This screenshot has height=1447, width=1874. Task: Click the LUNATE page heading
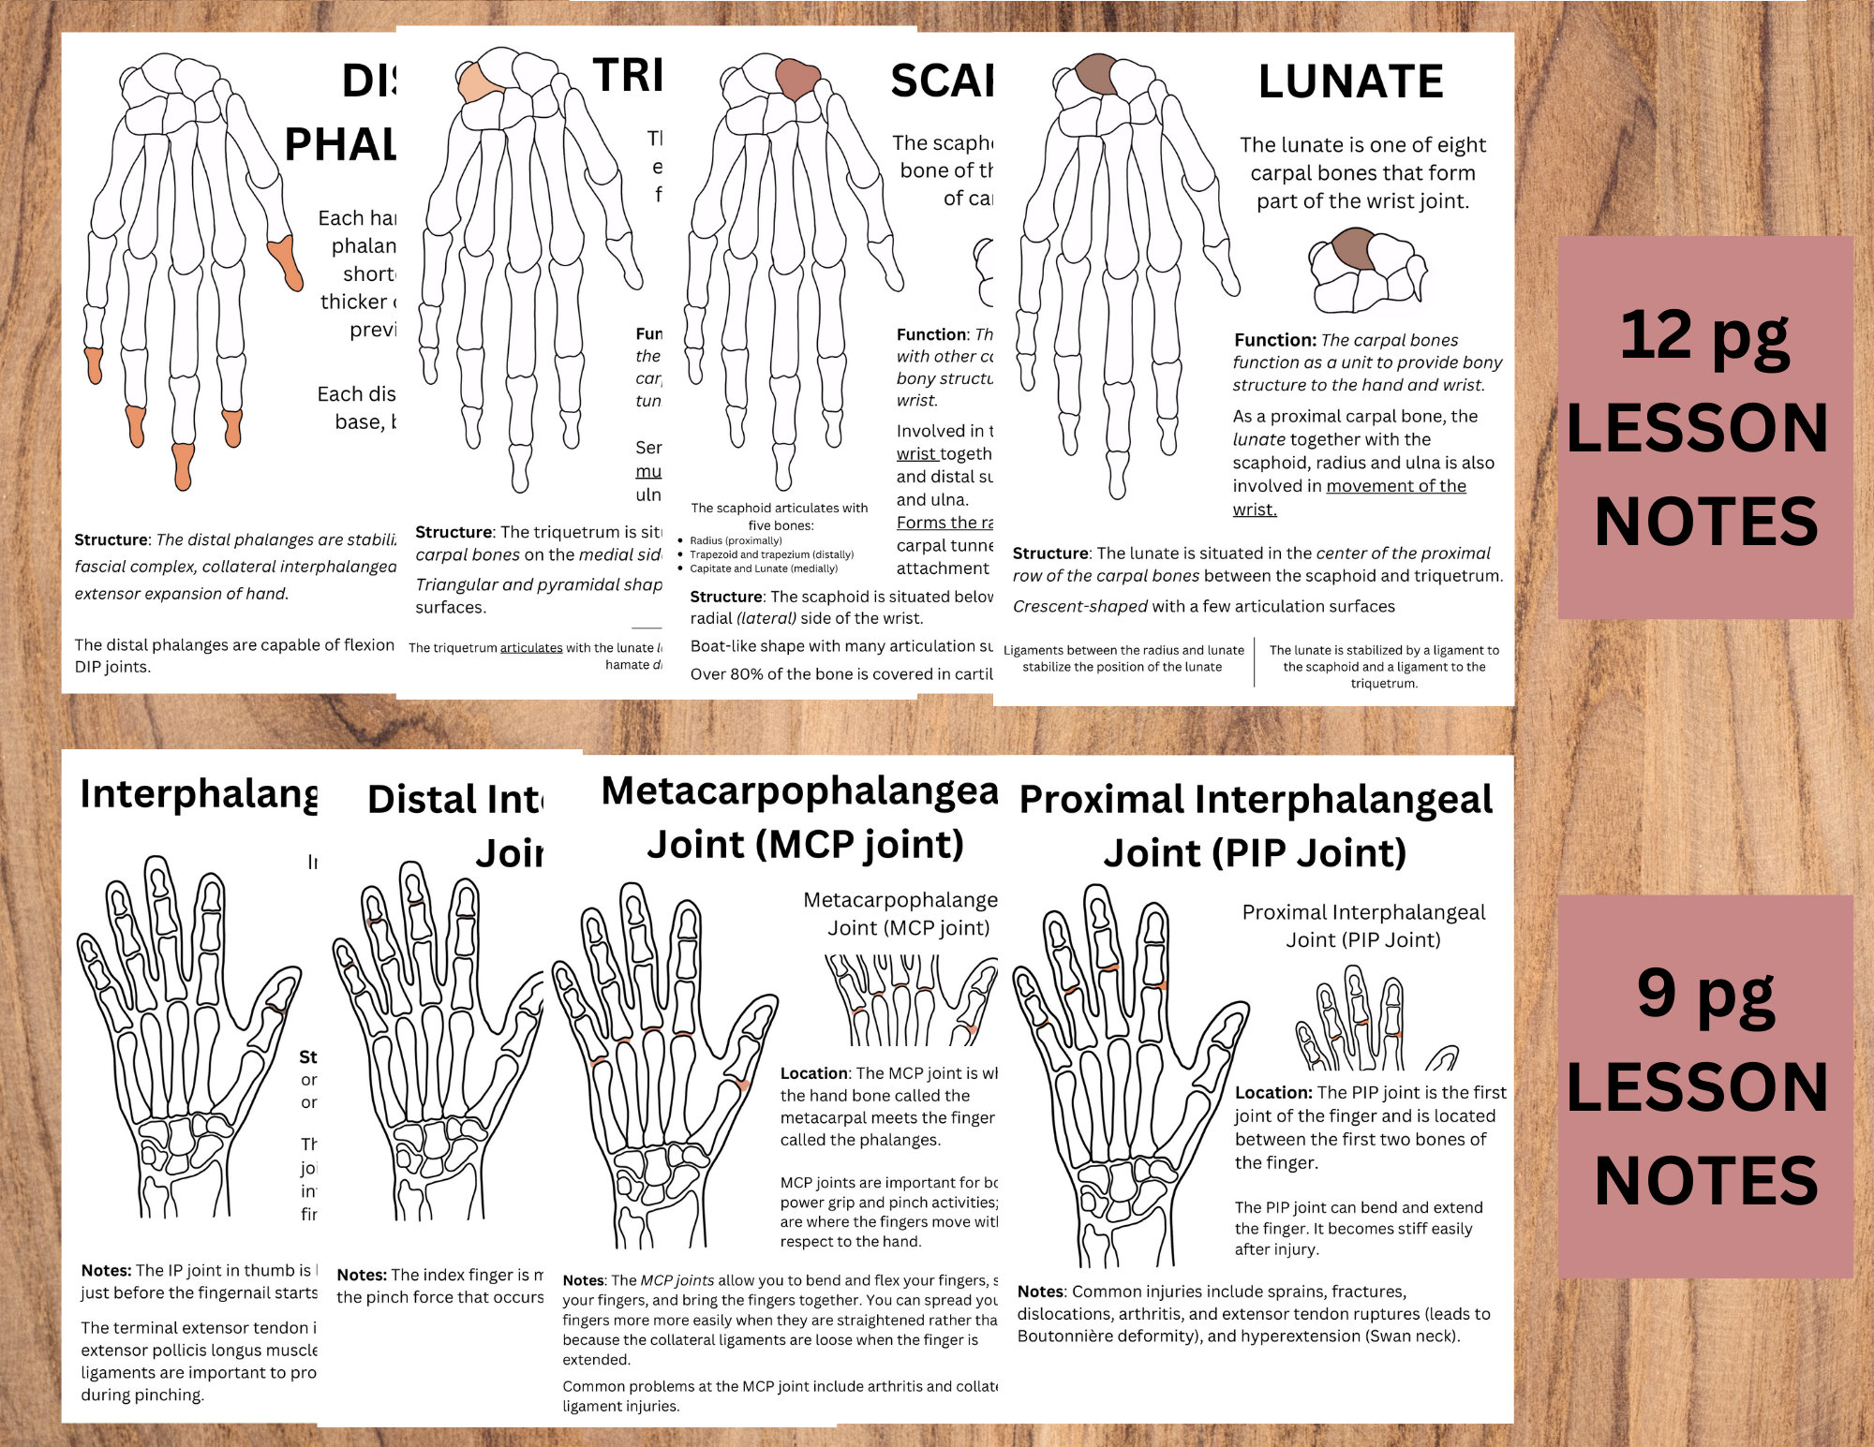pyautogui.click(x=1350, y=81)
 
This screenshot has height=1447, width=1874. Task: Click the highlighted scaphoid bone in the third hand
pyautogui.click(x=797, y=80)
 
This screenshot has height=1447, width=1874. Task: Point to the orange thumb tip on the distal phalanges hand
pyautogui.click(x=286, y=262)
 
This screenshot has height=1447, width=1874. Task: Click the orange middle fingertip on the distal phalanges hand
pyautogui.click(x=183, y=465)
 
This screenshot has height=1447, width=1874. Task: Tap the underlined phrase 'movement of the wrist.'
pyautogui.click(x=1349, y=497)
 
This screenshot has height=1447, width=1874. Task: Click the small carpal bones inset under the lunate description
pyautogui.click(x=1366, y=272)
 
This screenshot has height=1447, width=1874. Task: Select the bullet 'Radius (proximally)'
pyautogui.click(x=736, y=540)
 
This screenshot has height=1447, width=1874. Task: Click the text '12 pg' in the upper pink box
pyautogui.click(x=1704, y=336)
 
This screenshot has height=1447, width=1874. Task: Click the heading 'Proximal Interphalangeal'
pyautogui.click(x=1256, y=801)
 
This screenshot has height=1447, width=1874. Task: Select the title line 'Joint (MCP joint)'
pyautogui.click(x=805, y=845)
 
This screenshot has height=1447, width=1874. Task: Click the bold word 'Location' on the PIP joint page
pyautogui.click(x=1272, y=1092)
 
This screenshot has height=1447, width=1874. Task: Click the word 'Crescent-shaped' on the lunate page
pyautogui.click(x=1080, y=606)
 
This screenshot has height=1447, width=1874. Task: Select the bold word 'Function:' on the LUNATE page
pyautogui.click(x=1274, y=340)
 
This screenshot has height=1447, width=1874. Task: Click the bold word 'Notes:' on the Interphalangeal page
pyautogui.click(x=106, y=1270)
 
